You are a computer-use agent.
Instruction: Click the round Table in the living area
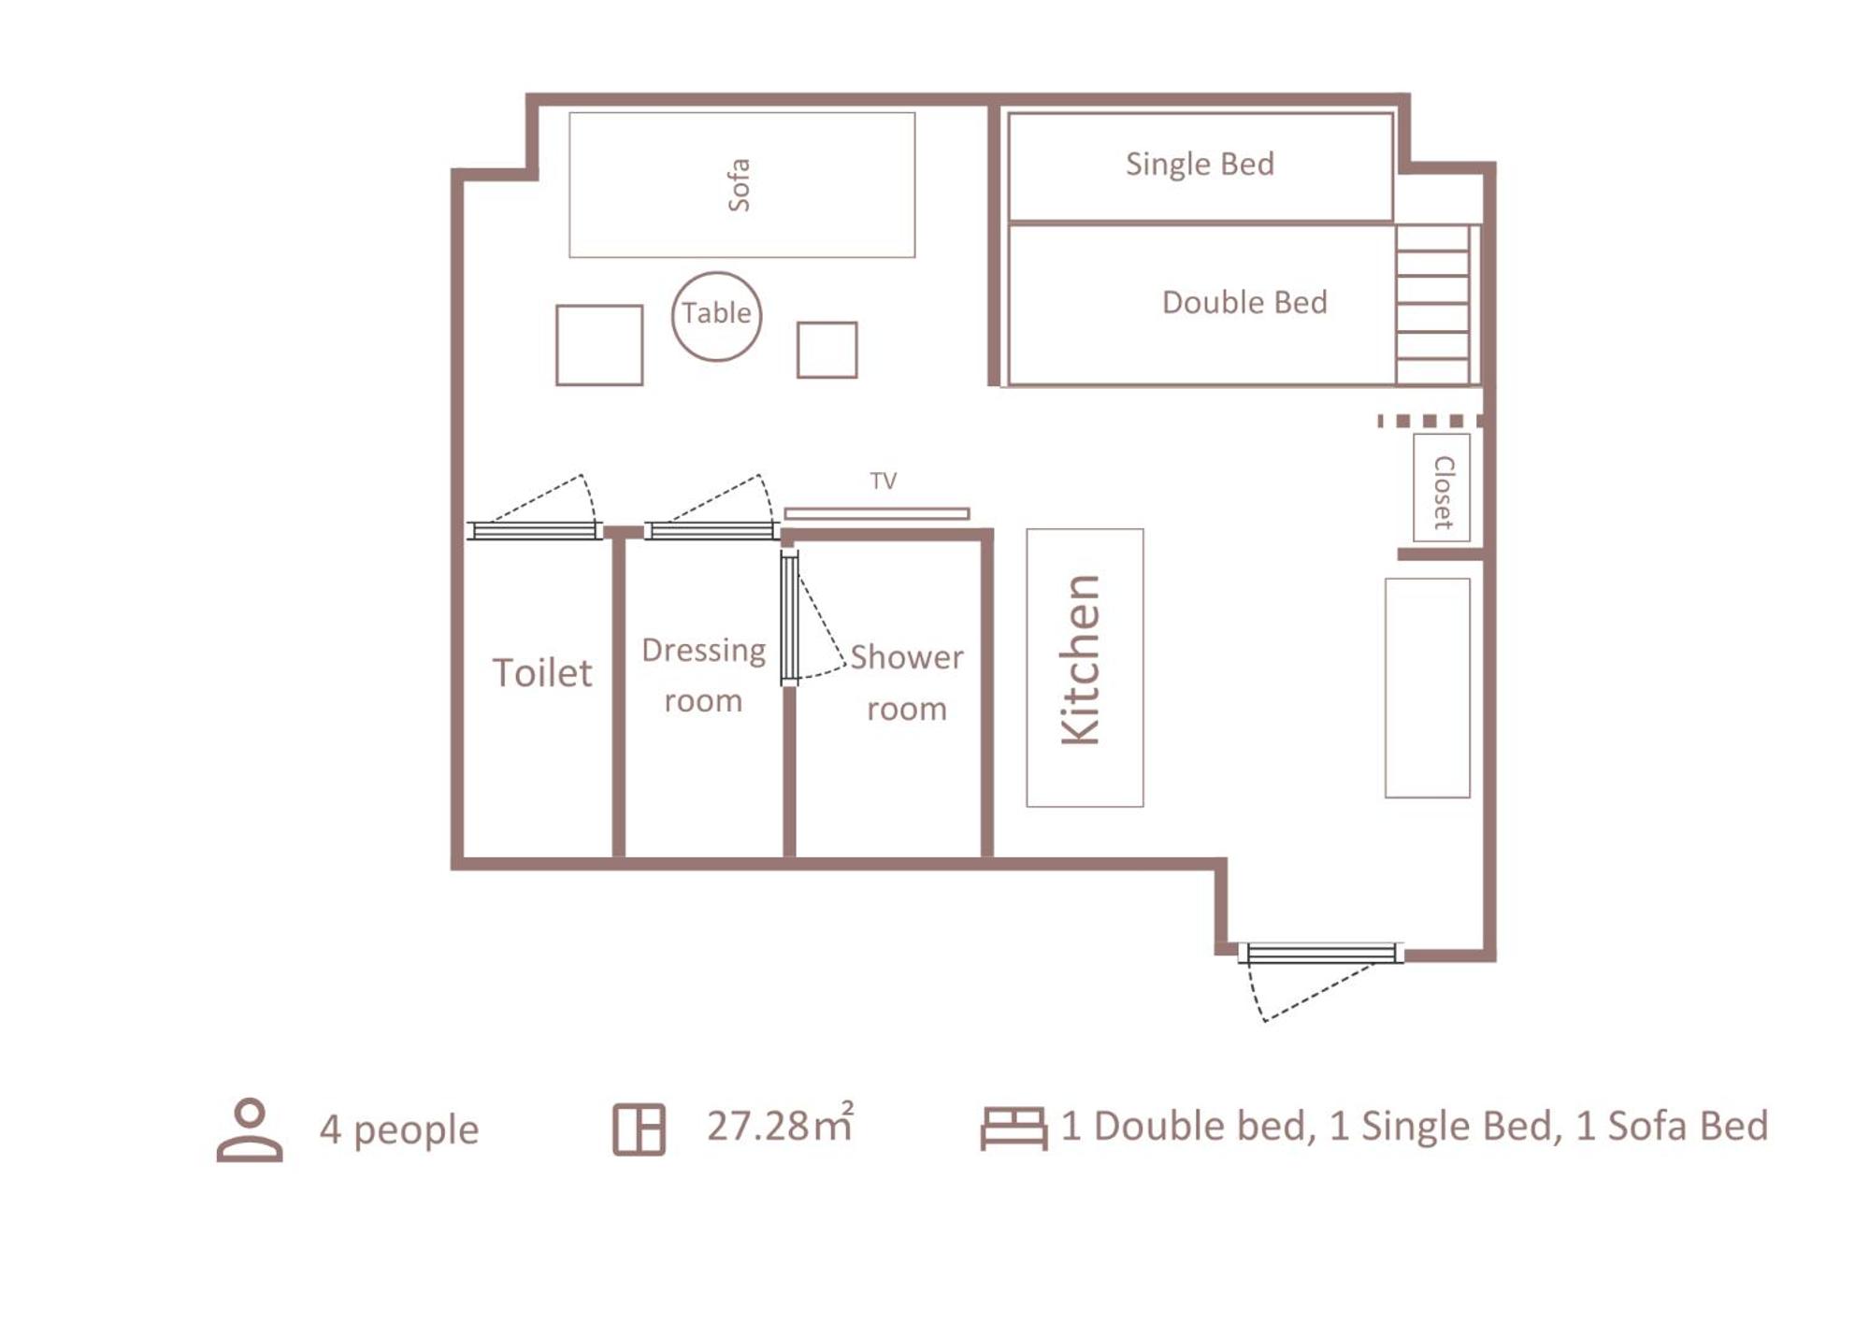click(x=716, y=316)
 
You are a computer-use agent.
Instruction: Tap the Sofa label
click(x=739, y=185)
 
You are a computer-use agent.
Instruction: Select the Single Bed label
click(x=1200, y=165)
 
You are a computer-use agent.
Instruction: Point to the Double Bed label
click(x=1244, y=302)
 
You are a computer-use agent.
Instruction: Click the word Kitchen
click(x=1082, y=660)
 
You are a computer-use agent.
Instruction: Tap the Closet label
click(x=1444, y=492)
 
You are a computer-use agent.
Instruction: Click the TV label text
click(x=884, y=481)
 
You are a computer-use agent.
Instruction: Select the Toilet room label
click(x=542, y=673)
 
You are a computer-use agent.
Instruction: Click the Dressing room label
click(x=703, y=675)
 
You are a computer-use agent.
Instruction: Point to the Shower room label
click(x=906, y=683)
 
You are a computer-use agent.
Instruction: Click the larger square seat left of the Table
click(x=599, y=345)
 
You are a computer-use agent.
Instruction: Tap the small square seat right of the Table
click(x=827, y=350)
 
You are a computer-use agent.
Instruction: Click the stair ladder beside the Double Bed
click(x=1432, y=304)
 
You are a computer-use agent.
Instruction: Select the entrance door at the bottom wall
click(x=1320, y=953)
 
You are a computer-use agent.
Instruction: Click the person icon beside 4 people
click(x=250, y=1129)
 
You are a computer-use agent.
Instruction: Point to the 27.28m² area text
click(x=780, y=1124)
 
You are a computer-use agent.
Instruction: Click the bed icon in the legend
click(x=1014, y=1128)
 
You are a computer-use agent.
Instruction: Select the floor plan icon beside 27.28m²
click(x=639, y=1129)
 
